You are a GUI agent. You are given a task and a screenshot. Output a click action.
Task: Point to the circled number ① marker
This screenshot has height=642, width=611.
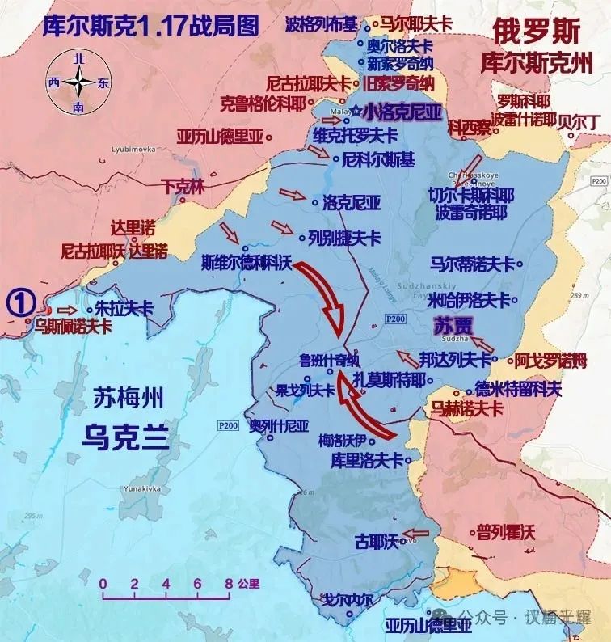tap(20, 301)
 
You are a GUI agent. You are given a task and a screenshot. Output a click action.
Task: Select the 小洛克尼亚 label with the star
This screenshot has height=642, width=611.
tap(402, 112)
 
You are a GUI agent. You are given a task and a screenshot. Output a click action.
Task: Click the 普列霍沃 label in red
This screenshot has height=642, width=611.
tap(505, 531)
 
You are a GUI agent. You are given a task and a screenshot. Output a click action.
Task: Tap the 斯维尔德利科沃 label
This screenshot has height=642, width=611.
tap(246, 262)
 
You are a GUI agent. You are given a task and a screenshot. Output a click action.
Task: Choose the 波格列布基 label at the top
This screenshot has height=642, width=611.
tap(321, 23)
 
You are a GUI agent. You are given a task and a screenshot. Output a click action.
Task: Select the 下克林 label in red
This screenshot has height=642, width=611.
tap(184, 185)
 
